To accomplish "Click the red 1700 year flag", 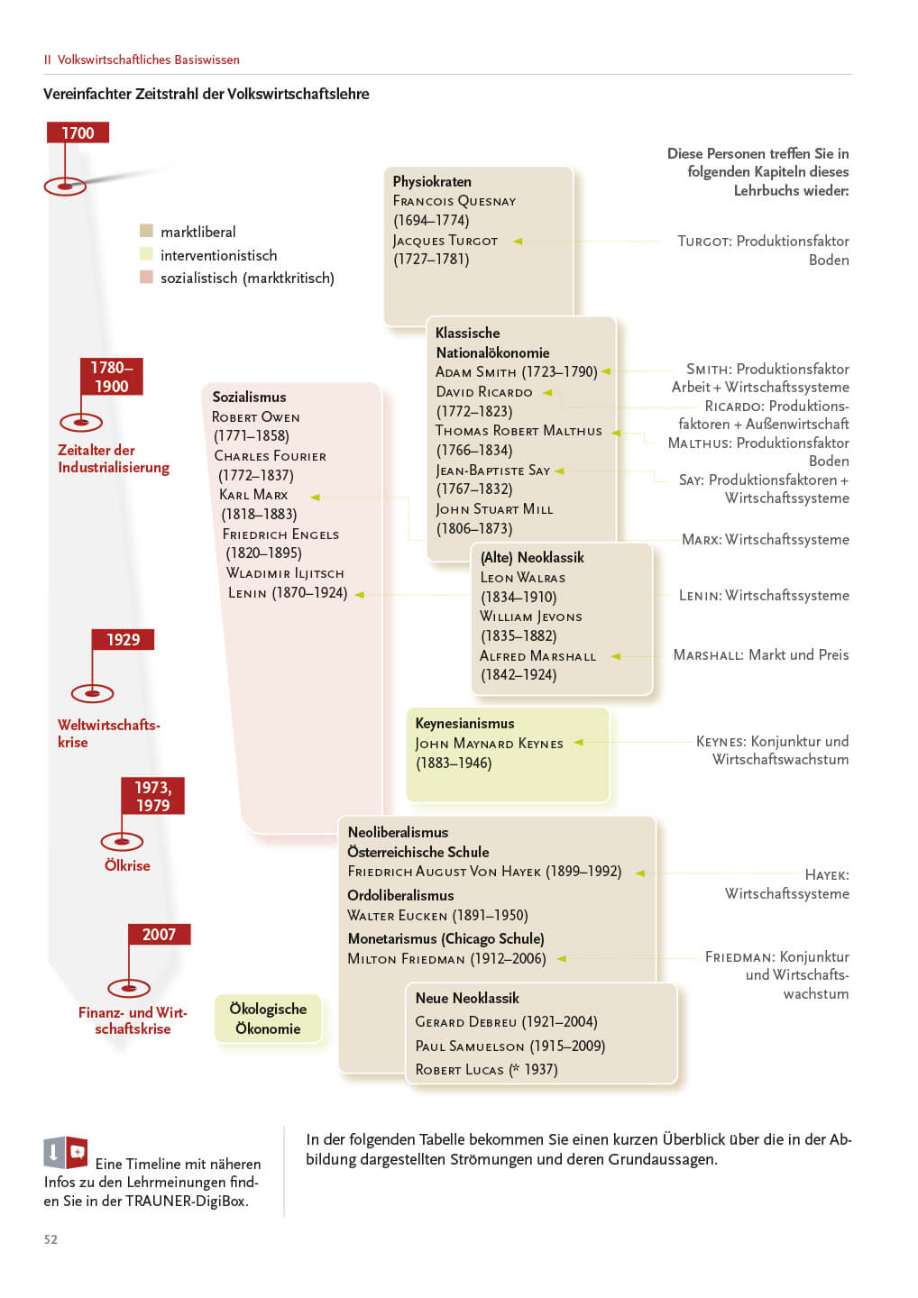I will (78, 133).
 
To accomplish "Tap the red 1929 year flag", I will (123, 640).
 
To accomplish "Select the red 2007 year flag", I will (159, 935).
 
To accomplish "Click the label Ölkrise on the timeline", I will (127, 865).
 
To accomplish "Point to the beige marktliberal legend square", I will (147, 231).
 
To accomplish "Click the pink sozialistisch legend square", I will (147, 278).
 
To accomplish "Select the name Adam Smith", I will (476, 372).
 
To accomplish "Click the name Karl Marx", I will (254, 495).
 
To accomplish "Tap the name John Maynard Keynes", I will (489, 744).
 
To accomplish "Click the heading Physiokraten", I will (432, 181).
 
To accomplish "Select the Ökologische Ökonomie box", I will (268, 1019).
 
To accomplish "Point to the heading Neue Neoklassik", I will (467, 998).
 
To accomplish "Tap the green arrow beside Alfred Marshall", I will (616, 656).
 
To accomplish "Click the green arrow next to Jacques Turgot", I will (519, 241).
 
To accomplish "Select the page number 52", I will (50, 1239).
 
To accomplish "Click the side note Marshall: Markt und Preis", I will (760, 655).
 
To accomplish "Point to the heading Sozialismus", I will (249, 397).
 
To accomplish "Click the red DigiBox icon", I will (78, 1152).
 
